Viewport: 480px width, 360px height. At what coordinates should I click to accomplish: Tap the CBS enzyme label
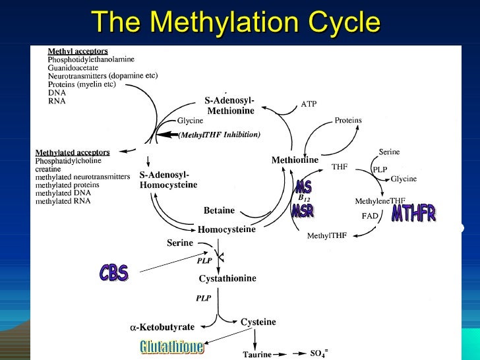pyautogui.click(x=114, y=272)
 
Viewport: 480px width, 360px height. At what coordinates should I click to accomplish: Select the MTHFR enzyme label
pyautogui.click(x=413, y=214)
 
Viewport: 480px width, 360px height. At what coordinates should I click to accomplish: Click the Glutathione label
pyautogui.click(x=172, y=345)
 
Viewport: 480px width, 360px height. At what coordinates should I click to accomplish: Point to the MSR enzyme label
pyautogui.click(x=303, y=212)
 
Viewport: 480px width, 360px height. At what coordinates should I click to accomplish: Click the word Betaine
pyautogui.click(x=219, y=210)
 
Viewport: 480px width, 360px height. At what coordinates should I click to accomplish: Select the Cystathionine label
pyautogui.click(x=227, y=279)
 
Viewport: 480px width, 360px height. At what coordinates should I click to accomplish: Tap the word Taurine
pyautogui.click(x=257, y=354)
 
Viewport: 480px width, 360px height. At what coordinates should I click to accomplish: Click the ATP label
pyautogui.click(x=309, y=104)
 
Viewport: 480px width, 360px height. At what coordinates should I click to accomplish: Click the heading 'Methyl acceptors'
pyautogui.click(x=78, y=51)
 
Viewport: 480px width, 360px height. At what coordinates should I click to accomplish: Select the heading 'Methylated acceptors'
pyautogui.click(x=72, y=152)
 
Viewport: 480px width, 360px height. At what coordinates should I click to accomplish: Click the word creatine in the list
pyautogui.click(x=47, y=169)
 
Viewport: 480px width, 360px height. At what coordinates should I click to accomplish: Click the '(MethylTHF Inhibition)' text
pyautogui.click(x=220, y=135)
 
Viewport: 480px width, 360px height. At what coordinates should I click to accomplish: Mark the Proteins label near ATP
pyautogui.click(x=348, y=121)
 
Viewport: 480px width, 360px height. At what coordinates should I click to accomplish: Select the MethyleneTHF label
pyautogui.click(x=380, y=200)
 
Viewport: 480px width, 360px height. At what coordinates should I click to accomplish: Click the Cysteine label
pyautogui.click(x=258, y=321)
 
